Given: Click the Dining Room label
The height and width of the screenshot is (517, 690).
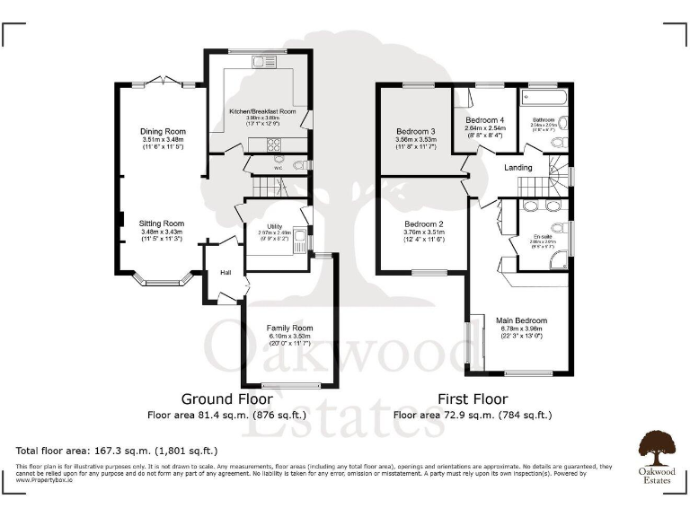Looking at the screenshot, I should coord(163,132).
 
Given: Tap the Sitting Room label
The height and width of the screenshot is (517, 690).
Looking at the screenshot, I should coord(162,223).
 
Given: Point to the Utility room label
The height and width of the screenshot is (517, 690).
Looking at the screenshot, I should coord(275,226).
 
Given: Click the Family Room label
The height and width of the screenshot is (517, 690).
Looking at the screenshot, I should coord(288,329).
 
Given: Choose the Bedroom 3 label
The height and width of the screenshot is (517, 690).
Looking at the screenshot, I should coord(416,131).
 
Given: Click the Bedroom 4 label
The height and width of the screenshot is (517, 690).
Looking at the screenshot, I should coord(485,119).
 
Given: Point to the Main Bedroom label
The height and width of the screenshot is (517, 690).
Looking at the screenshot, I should coord(522,320).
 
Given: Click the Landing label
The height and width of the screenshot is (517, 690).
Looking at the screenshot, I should coord(518,168).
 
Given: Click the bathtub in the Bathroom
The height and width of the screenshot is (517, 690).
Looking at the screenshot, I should coord(544,95).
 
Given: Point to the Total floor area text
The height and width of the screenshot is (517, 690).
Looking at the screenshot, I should coord(117,450).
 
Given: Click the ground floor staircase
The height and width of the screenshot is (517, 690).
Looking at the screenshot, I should coord(267,188).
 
